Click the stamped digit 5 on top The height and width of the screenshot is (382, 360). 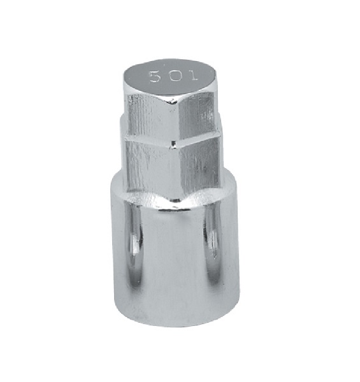155,76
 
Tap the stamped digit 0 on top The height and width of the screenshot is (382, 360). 176,76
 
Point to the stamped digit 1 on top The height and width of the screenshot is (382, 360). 193,75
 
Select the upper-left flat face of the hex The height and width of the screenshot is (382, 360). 152,117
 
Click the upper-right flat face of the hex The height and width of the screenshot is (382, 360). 198,115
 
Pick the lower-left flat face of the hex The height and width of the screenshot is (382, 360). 150,168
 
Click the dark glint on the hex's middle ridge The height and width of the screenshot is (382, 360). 173,145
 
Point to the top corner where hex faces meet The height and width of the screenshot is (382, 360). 176,99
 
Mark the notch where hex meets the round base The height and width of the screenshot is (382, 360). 176,201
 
